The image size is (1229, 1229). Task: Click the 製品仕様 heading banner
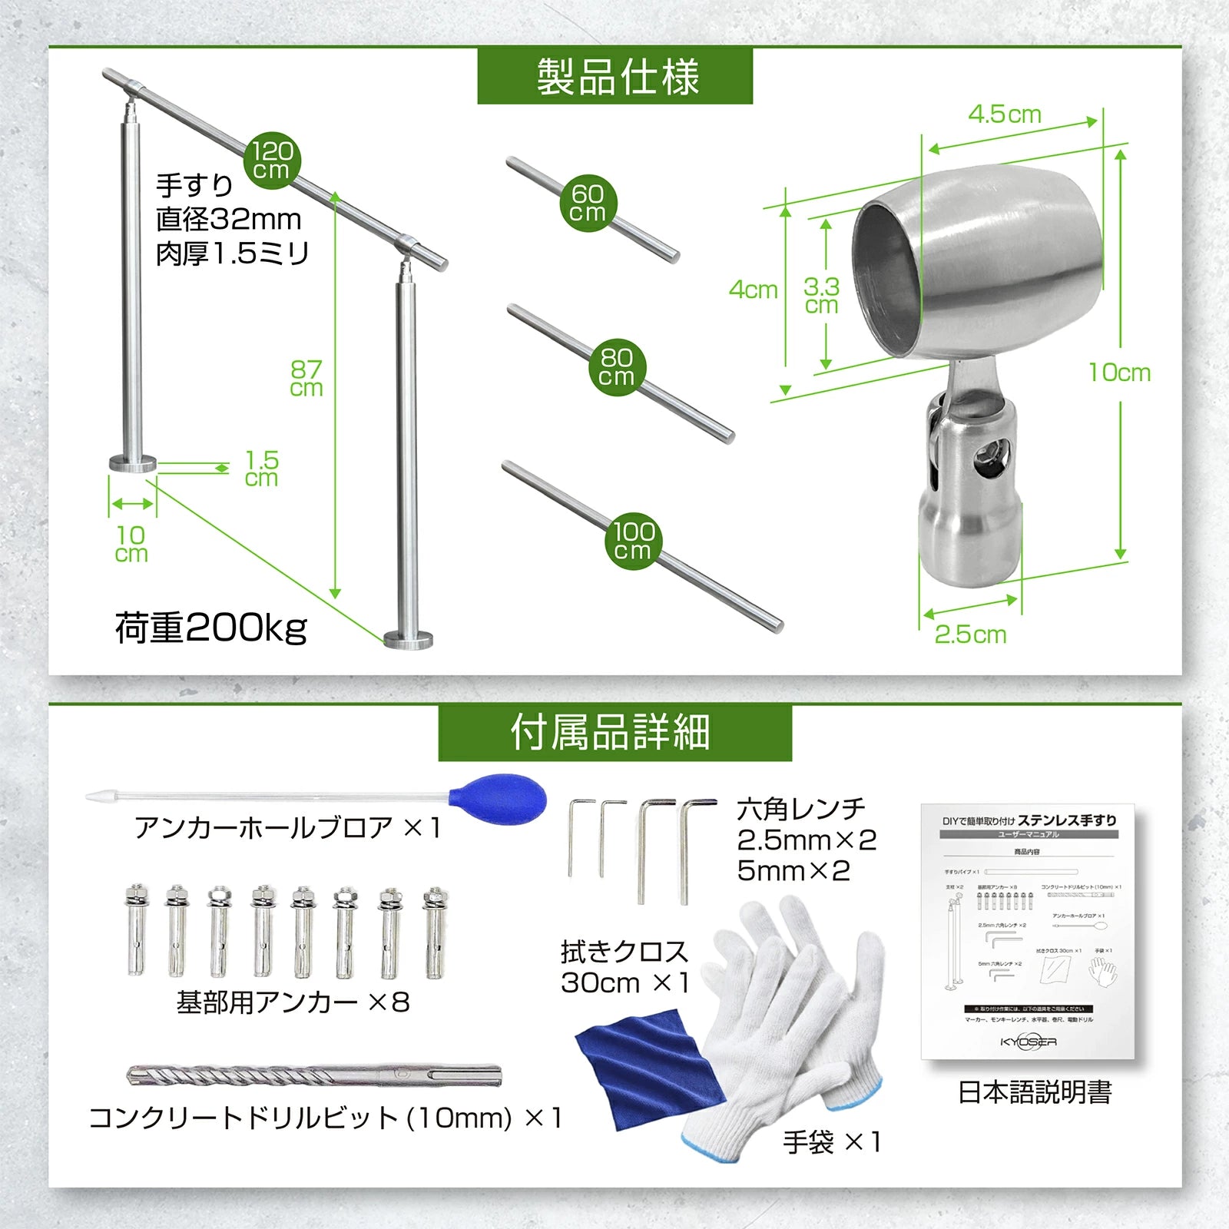(x=614, y=76)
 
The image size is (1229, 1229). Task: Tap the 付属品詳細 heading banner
(x=614, y=732)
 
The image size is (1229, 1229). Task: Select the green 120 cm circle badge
(x=272, y=161)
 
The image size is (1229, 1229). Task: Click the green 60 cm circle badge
(x=588, y=203)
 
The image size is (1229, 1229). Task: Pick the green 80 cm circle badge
(x=618, y=367)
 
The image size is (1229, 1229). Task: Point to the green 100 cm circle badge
(x=634, y=541)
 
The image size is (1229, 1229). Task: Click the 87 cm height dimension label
(x=306, y=379)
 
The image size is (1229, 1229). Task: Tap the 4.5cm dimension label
(x=1004, y=114)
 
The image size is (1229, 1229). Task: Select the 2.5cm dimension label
(x=970, y=634)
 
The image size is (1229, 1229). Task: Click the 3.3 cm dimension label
(x=821, y=296)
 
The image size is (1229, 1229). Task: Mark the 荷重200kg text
(x=211, y=628)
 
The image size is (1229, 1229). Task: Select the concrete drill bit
(x=313, y=1075)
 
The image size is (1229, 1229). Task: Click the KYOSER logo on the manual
(x=1028, y=1042)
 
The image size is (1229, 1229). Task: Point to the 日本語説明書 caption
(x=1034, y=1092)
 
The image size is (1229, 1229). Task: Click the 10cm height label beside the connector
(x=1119, y=373)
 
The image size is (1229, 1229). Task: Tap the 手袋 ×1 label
(x=831, y=1142)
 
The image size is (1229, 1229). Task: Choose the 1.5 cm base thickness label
(x=261, y=469)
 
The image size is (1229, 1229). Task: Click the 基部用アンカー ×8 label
(x=293, y=1002)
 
